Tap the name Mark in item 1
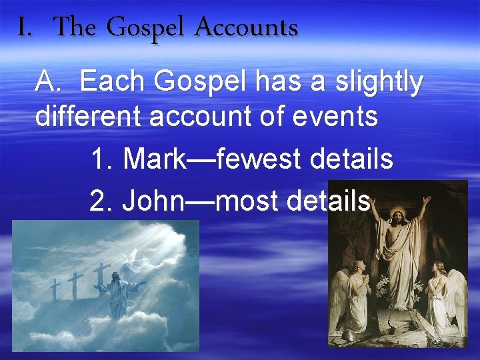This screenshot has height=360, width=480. point(159,159)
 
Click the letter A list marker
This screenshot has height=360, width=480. point(47,82)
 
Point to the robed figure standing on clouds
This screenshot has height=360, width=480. point(119,293)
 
